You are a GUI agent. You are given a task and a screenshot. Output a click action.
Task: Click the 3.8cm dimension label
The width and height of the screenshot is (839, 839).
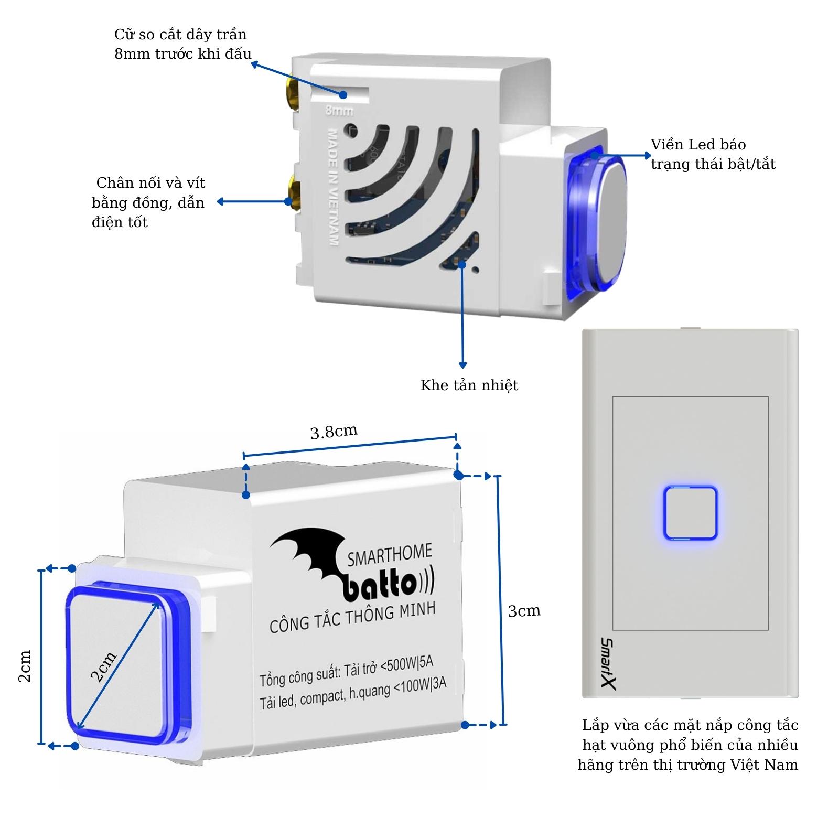pyautogui.click(x=334, y=432)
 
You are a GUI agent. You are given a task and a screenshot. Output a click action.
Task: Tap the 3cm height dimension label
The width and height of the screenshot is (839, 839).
pyautogui.click(x=524, y=611)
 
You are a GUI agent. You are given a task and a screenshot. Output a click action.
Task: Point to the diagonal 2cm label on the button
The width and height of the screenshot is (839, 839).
pyautogui.click(x=103, y=667)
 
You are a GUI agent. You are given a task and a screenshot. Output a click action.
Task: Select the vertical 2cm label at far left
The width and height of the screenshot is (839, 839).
pyautogui.click(x=25, y=666)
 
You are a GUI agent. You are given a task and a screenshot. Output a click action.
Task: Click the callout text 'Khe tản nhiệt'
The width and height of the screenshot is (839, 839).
pyautogui.click(x=469, y=385)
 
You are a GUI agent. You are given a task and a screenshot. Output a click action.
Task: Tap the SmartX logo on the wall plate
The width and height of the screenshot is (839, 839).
pyautogui.click(x=608, y=663)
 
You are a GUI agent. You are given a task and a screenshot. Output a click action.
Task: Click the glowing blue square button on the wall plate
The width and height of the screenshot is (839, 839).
pyautogui.click(x=690, y=513)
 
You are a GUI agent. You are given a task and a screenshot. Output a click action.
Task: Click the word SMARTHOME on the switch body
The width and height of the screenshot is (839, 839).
pyautogui.click(x=390, y=555)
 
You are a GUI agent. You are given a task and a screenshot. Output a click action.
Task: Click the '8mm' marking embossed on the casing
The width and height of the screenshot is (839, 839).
pyautogui.click(x=339, y=111)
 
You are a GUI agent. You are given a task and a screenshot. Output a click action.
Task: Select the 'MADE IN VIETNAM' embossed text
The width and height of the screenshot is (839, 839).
pyautogui.click(x=332, y=186)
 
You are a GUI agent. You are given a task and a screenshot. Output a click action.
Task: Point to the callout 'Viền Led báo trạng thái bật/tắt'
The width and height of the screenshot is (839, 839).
pyautogui.click(x=712, y=154)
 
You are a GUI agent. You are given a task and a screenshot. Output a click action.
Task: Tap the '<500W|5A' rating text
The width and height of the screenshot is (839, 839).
pyautogui.click(x=407, y=665)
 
